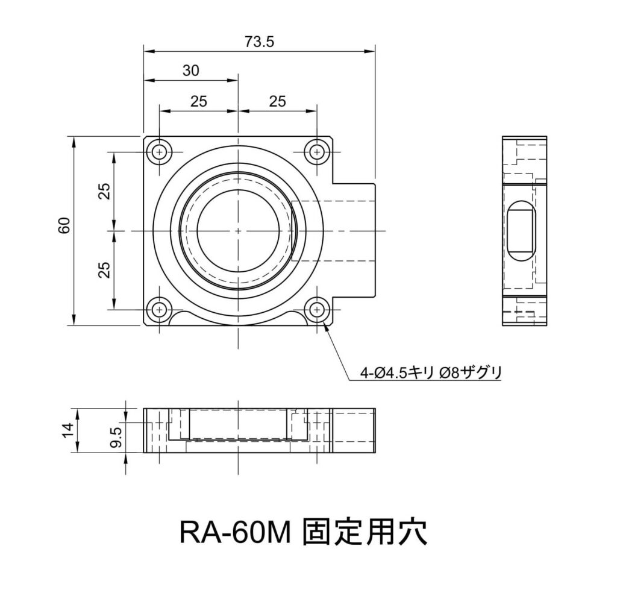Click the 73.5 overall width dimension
[260, 42]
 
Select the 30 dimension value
[190, 71]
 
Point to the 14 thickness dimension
[68, 430]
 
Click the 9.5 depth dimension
[116, 435]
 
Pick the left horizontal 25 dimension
[198, 101]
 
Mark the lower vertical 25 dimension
[104, 269]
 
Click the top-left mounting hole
[159, 152]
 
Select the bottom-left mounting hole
[159, 309]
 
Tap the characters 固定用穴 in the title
[365, 531]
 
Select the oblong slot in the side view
[520, 231]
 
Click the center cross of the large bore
[238, 231]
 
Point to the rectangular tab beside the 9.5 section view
[354, 430]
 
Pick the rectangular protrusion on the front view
[355, 231]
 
